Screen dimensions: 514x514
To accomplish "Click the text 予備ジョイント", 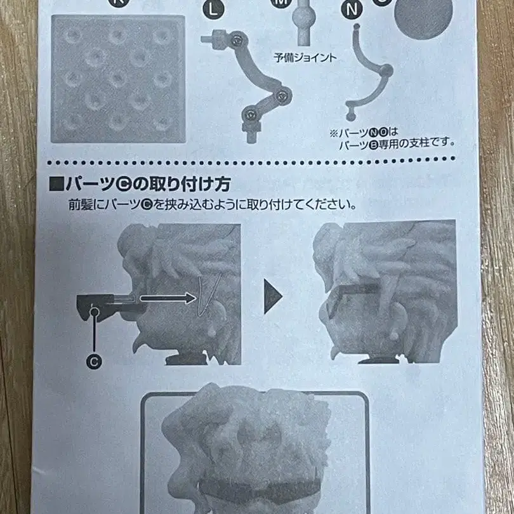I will click(305, 57).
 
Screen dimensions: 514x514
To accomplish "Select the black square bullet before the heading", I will click(56, 185).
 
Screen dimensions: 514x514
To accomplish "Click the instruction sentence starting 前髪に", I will click(213, 205).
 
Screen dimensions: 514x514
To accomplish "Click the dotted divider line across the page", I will click(254, 161).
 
